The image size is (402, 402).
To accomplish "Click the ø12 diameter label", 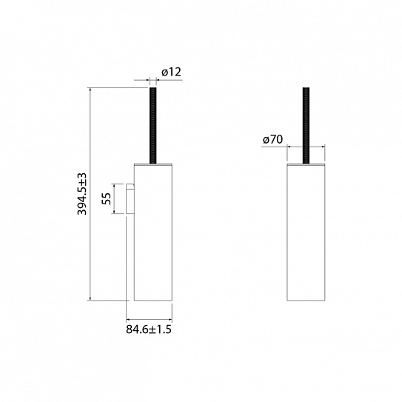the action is [171, 72].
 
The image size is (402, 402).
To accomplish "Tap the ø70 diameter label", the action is [272, 140].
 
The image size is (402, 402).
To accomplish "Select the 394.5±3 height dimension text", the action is [83, 194].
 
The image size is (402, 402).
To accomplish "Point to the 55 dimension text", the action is [107, 198].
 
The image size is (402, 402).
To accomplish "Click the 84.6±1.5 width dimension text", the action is [149, 329].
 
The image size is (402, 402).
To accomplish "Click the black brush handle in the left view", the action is [153, 125].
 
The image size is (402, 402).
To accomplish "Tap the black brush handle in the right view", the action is [306, 125].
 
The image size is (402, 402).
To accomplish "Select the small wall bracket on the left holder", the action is [130, 198].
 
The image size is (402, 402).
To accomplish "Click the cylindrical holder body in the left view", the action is [153, 232].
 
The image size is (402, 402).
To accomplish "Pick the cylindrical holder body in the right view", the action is [306, 232].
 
